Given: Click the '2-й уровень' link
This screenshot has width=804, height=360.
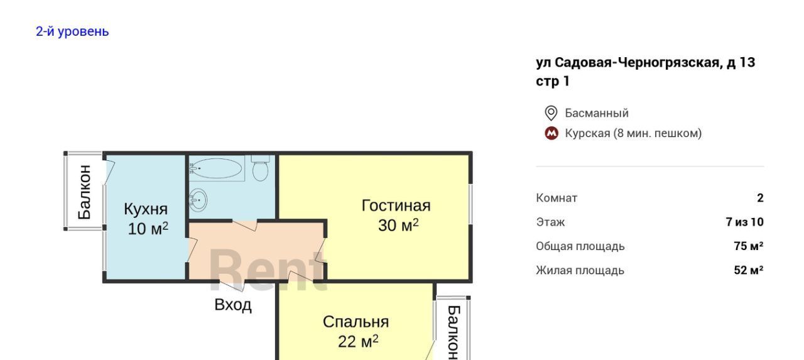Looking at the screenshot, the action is click(x=72, y=31).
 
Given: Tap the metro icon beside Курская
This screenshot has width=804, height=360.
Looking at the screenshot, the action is click(x=551, y=134).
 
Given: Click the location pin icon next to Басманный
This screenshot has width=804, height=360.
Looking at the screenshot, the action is click(x=551, y=113).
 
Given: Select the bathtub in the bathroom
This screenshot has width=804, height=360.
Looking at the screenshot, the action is click(x=217, y=168).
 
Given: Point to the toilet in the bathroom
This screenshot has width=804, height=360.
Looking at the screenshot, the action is click(x=260, y=168).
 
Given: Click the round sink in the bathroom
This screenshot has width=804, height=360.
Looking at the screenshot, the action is click(x=198, y=200).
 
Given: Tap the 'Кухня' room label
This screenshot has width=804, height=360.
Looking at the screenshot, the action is click(x=146, y=209).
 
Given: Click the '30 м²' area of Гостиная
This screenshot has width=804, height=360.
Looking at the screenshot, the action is click(x=398, y=226).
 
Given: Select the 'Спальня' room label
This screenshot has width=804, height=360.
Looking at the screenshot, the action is click(x=356, y=322).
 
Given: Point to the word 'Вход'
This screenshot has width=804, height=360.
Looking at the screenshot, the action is click(x=233, y=305).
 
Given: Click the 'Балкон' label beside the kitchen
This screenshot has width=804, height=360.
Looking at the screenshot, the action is click(x=85, y=192).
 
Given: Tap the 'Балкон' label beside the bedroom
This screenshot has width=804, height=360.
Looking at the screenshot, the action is click(x=454, y=332).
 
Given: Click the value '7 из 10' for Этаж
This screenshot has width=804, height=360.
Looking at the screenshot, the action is click(x=744, y=222).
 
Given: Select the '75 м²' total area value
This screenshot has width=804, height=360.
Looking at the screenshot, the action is click(x=748, y=246).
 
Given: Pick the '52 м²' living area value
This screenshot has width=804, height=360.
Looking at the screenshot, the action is click(x=748, y=270).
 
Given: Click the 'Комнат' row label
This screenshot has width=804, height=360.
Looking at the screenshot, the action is click(x=557, y=198).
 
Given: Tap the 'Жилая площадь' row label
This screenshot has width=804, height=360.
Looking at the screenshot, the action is click(x=580, y=270).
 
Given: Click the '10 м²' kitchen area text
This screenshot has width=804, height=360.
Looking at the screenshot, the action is click(x=148, y=229).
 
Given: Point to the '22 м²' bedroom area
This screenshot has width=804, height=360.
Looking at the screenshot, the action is click(x=358, y=341).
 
